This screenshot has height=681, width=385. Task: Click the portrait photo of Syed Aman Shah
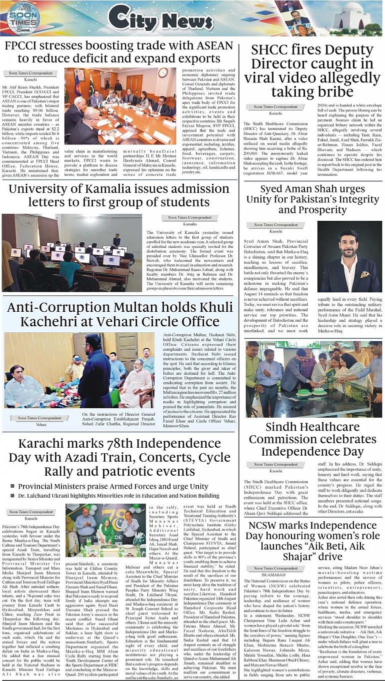point(349,257)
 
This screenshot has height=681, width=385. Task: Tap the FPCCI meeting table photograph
point(120,106)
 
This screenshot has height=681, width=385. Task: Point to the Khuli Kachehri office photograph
point(79,370)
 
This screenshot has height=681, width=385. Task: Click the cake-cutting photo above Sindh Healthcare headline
point(313,379)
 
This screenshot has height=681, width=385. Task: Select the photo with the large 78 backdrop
point(105,530)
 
